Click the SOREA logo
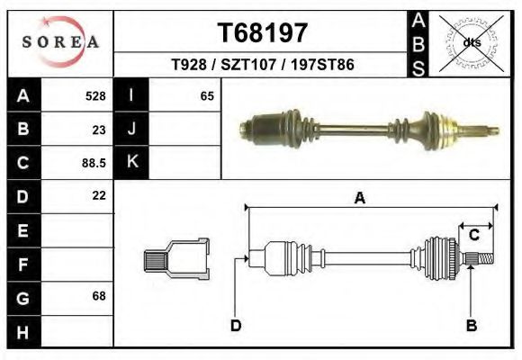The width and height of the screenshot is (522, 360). [x=60, y=42]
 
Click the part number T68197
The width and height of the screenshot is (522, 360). [x=263, y=32]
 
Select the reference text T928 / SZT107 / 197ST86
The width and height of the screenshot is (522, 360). [x=263, y=66]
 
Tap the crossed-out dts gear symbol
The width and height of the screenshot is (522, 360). [x=472, y=41]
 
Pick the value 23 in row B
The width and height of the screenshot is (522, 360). [x=99, y=130]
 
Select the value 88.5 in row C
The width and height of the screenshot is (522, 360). [x=94, y=163]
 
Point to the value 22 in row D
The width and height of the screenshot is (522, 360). [x=99, y=195]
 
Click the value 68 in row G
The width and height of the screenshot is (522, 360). [x=99, y=296]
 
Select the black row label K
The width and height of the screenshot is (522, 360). [x=131, y=163]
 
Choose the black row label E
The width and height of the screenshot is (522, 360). [x=22, y=230]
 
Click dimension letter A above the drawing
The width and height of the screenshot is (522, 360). [x=360, y=199]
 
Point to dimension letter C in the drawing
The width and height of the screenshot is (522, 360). [x=473, y=236]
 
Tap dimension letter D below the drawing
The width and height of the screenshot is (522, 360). [x=235, y=325]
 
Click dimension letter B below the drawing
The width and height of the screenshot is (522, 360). [x=470, y=325]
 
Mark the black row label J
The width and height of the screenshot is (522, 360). [x=131, y=130]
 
